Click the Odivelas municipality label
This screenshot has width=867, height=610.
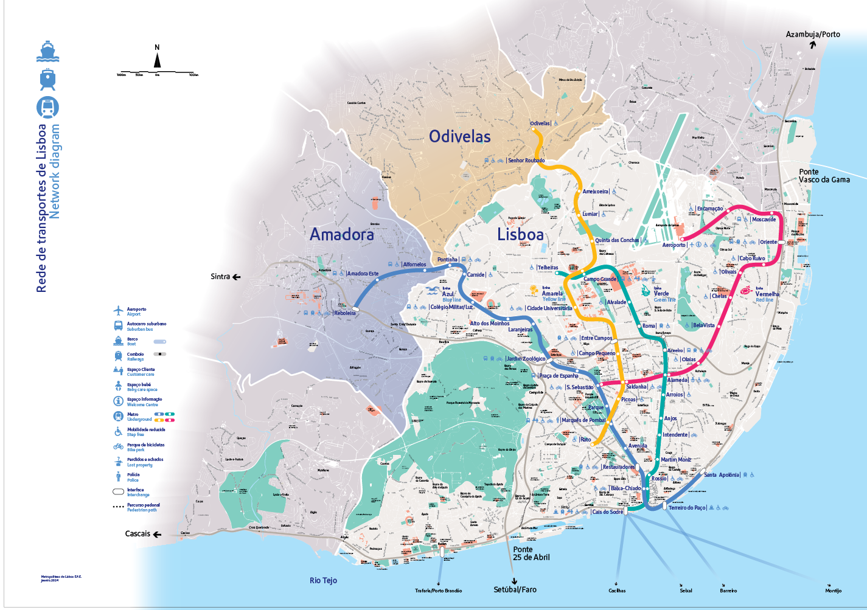tap(459, 137)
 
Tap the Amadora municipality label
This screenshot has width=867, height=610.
tap(342, 234)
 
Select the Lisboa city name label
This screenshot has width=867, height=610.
tap(520, 235)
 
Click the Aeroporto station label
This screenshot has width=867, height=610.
tap(674, 245)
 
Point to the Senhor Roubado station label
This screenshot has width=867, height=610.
tap(526, 161)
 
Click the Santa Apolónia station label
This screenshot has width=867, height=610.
tap(722, 475)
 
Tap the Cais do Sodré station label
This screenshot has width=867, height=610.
tap(607, 512)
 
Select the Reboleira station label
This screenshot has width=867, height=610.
tap(344, 313)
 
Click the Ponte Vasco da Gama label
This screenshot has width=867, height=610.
tap(824, 176)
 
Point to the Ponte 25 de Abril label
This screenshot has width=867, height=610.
tap(531, 553)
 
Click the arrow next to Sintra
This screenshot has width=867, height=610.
tap(237, 277)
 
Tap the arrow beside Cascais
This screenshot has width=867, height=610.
tap(157, 535)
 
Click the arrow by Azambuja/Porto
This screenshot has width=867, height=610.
tap(812, 44)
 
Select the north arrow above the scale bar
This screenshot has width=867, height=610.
tap(157, 60)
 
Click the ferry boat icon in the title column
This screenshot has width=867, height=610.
tap(47, 52)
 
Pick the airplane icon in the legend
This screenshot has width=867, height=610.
tap(118, 311)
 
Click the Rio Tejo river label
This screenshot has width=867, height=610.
tap(323, 581)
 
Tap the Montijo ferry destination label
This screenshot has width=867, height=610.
tap(833, 591)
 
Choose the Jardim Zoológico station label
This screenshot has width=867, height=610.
tap(526, 359)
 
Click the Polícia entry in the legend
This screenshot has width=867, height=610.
tap(133, 477)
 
